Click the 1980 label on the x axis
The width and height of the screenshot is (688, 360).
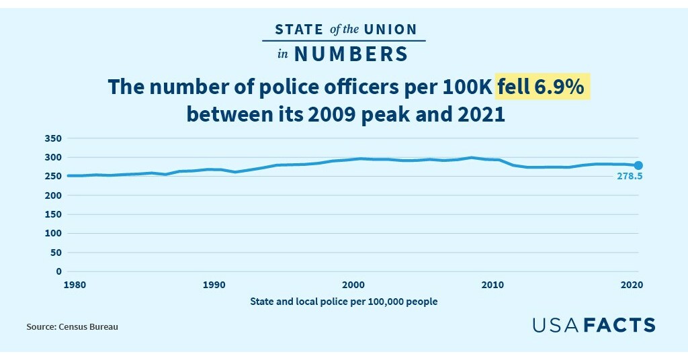click(x=75, y=285)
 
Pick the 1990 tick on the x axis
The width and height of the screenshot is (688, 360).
click(x=214, y=285)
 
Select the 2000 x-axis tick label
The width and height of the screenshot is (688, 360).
click(x=353, y=285)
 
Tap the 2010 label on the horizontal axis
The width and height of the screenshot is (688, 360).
click(x=493, y=285)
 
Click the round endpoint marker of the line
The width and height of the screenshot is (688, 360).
click(x=639, y=165)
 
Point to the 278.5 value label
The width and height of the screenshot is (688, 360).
click(x=630, y=177)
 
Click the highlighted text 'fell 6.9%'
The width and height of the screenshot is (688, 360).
click(x=543, y=87)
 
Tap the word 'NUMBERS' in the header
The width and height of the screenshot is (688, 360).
click(x=351, y=54)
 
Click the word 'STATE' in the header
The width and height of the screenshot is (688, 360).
click(x=299, y=30)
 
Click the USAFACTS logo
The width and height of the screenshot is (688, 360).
click(x=593, y=325)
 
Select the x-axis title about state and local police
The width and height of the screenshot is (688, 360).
click(x=343, y=302)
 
